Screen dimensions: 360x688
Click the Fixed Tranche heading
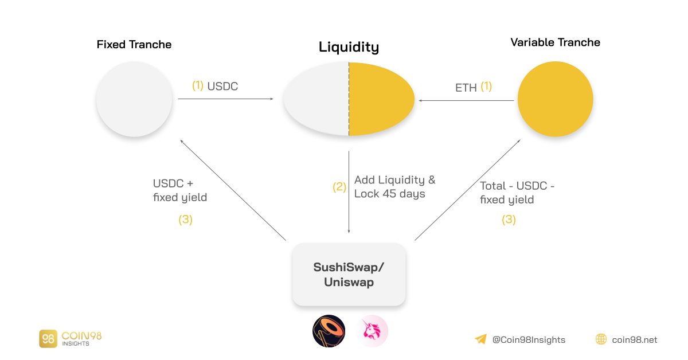click(134, 45)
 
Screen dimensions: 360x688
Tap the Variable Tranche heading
click(555, 42)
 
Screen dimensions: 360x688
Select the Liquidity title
click(349, 47)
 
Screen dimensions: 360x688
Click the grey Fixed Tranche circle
click(134, 99)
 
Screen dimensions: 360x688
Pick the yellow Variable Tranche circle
click(555, 99)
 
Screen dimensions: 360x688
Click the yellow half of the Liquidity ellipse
click(380, 99)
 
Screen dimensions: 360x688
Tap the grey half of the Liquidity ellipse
click(316, 99)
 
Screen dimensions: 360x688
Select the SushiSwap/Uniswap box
click(349, 275)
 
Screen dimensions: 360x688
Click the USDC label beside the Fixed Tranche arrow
click(222, 87)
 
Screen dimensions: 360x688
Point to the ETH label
click(466, 88)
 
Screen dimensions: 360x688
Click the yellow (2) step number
click(339, 187)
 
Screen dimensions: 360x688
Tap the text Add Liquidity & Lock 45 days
click(394, 187)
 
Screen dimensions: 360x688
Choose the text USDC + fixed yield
click(179, 190)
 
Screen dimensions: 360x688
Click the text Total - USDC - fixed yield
click(517, 193)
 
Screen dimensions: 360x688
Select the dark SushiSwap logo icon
click(329, 331)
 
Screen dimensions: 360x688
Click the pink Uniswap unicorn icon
click(372, 331)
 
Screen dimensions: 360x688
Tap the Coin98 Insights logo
click(70, 338)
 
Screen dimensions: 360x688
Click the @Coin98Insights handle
click(529, 340)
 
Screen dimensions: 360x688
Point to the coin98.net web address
click(634, 340)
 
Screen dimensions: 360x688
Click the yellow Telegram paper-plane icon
click(480, 339)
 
